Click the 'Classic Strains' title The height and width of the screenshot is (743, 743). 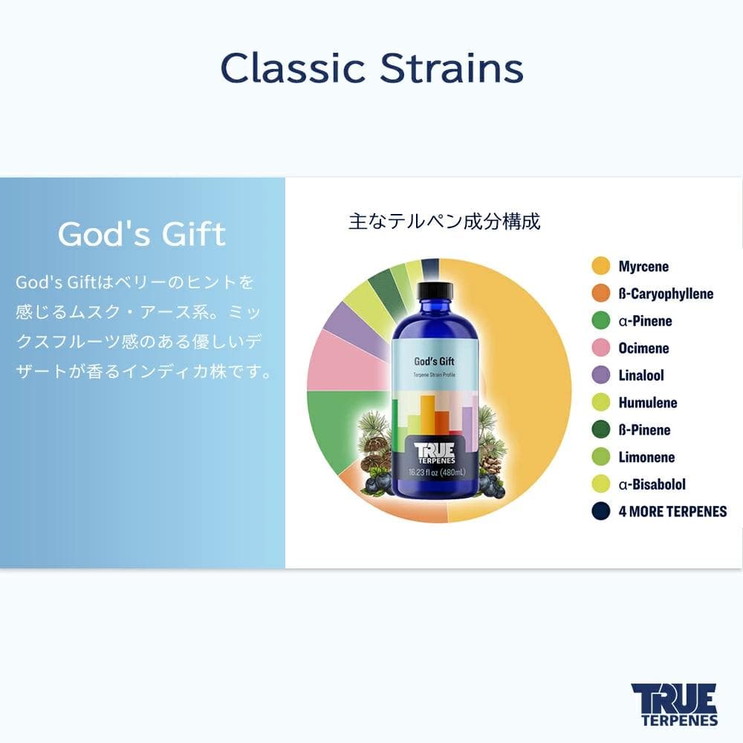pos(371,68)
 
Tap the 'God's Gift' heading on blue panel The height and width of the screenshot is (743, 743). pos(142,234)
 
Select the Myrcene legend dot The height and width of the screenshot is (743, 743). pos(600,266)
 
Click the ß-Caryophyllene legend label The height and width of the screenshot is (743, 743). pos(666,293)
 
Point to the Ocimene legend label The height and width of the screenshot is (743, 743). pos(643,348)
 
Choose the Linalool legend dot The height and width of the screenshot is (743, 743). pos(600,375)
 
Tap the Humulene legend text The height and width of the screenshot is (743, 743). pos(647,403)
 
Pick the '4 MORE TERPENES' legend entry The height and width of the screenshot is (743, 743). pos(672,511)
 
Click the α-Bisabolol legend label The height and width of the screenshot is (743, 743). pos(652,484)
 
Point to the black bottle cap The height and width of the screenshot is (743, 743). pos(435,290)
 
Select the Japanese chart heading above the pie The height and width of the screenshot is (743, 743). pos(444,221)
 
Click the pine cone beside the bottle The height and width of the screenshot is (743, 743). pos(491,464)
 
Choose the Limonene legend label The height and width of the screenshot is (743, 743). pos(646,457)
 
